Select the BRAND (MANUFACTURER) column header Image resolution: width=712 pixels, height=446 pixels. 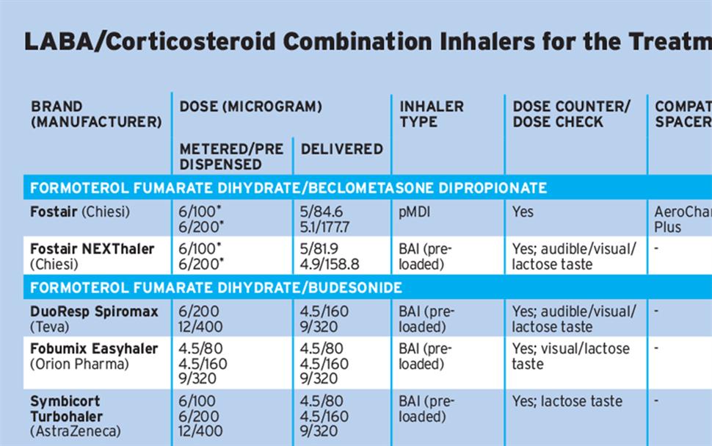pyautogui.click(x=95, y=114)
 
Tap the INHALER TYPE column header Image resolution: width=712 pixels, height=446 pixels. pyautogui.click(x=432, y=114)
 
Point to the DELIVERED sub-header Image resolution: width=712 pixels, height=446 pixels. pyautogui.click(x=341, y=149)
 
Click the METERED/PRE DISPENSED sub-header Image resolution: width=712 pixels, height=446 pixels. pyautogui.click(x=231, y=157)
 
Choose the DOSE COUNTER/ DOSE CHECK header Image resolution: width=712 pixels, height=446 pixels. pyautogui.click(x=571, y=114)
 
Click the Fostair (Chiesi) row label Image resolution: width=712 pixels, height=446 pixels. pyautogui.click(x=80, y=212)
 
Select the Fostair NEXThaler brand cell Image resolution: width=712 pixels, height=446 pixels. pyautogui.click(x=92, y=256)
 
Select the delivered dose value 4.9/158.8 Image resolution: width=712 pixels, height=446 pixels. pyautogui.click(x=329, y=264)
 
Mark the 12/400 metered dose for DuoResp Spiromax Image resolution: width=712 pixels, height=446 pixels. pyautogui.click(x=199, y=327)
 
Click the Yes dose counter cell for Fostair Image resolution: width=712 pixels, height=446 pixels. pyautogui.click(x=523, y=212)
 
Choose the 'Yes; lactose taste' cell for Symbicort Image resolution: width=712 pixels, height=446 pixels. pyautogui.click(x=567, y=401)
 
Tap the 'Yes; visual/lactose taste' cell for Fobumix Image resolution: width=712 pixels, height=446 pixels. pyautogui.click(x=570, y=356)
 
